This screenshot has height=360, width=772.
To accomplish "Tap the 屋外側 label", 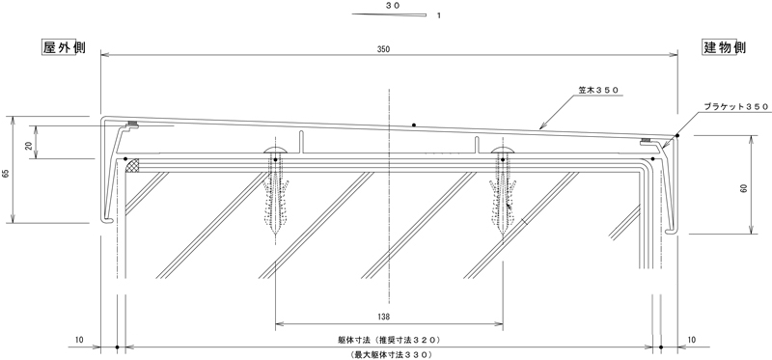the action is point(64,47).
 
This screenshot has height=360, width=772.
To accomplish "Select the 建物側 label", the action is point(724,47).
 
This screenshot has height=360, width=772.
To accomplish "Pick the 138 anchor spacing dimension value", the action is point(390,317).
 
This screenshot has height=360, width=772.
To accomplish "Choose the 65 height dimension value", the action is point(6,174).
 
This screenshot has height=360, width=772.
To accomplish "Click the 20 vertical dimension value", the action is point(28,146).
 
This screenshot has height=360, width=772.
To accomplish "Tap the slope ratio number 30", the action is point(393,6).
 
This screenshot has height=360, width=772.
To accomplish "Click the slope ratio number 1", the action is point(439,15).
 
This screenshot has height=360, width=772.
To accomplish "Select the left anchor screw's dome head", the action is point(276,151).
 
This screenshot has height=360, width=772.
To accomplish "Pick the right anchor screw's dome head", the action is point(502,151).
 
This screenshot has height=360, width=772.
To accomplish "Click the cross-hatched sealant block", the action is point(134,166).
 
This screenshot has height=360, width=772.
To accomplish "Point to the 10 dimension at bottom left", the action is point(79,340).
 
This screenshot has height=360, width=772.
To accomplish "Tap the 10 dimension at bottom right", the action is point(692,340).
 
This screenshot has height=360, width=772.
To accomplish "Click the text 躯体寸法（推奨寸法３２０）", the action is point(389,340).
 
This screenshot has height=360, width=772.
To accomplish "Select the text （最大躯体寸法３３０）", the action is point(389,354).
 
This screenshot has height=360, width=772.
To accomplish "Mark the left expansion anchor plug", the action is point(276,206).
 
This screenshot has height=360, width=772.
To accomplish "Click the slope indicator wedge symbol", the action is point(389,14).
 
